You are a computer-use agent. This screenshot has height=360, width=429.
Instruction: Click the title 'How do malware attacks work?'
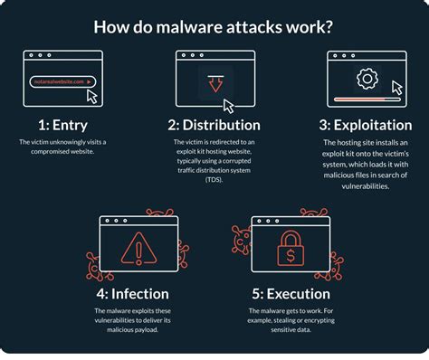point(214,27)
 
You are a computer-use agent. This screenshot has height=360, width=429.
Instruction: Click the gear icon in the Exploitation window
point(367,79)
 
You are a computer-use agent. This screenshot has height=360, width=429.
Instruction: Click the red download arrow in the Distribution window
point(213,85)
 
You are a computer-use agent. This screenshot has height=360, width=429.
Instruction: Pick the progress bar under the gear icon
point(360,99)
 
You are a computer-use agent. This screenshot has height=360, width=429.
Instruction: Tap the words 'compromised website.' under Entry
point(62,152)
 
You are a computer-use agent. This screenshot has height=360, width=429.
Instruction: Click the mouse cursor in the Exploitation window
point(396,89)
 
